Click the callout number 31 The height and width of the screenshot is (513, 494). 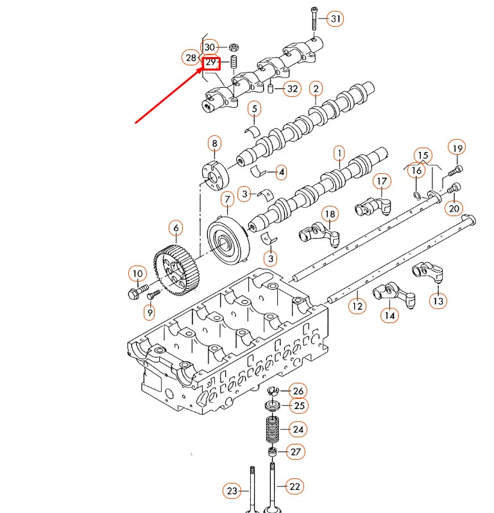click(x=336, y=19)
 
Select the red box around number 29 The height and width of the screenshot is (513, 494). click(x=211, y=63)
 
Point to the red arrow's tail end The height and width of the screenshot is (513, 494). click(x=135, y=121)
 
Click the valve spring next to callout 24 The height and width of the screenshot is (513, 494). click(x=273, y=429)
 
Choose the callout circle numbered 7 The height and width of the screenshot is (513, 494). click(x=227, y=199)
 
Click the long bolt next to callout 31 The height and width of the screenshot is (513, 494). click(x=314, y=20)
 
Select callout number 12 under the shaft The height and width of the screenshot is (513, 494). click(x=357, y=307)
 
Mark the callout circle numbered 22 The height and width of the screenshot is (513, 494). click(x=294, y=487)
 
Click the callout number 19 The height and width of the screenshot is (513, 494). click(x=456, y=147)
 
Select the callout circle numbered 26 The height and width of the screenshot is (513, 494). click(x=298, y=391)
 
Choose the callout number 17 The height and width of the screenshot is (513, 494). click(x=382, y=181)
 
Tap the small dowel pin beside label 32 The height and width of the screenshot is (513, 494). click(x=271, y=88)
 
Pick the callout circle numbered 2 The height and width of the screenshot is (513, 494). click(x=316, y=88)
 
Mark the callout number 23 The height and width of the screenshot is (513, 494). click(x=232, y=491)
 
